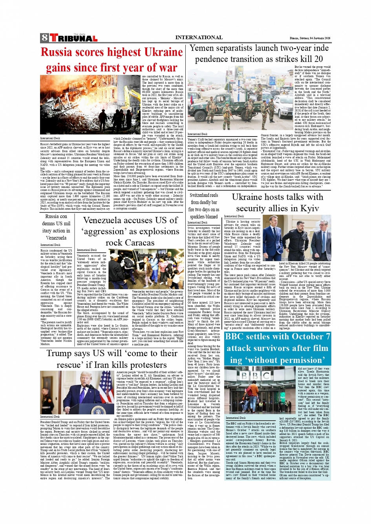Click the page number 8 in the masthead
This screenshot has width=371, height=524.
point(44,38)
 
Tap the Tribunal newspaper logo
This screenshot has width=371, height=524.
point(73,38)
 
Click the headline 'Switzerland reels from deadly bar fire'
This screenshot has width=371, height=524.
point(203,206)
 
